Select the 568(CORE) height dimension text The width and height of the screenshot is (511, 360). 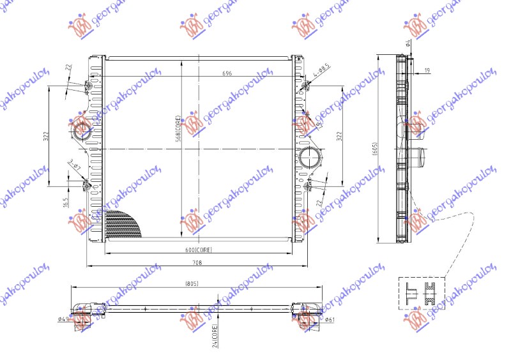(x=179, y=127)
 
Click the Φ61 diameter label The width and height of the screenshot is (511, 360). (x=330, y=319)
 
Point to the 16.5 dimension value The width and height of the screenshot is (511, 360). (x=66, y=202)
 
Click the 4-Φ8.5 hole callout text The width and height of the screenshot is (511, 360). (x=321, y=74)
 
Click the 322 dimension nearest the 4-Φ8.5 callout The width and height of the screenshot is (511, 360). (x=340, y=135)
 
